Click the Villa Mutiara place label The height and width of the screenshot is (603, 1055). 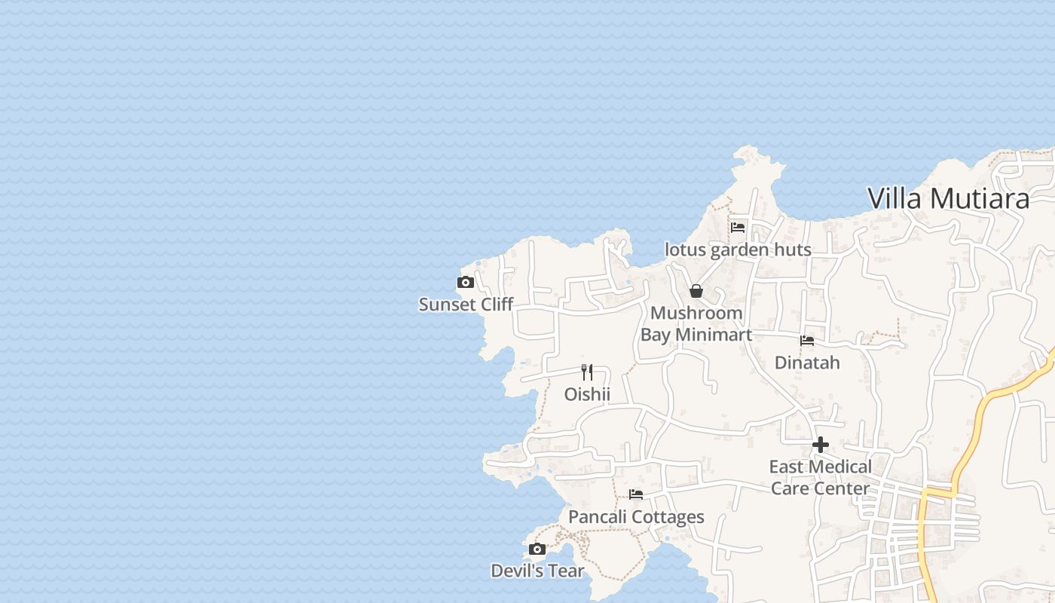point(948,198)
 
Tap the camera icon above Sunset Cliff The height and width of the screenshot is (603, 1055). point(466,283)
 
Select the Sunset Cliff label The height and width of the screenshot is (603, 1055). point(466,305)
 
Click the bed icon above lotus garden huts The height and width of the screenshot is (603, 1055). point(738,227)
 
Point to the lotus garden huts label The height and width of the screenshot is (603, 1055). point(738,249)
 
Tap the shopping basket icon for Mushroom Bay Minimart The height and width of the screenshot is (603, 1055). point(696,291)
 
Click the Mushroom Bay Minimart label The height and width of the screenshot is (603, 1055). point(696,323)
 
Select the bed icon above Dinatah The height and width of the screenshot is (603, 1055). point(807,341)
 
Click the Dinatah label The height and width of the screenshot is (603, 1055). point(807,363)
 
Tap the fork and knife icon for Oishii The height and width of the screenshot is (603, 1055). point(587,372)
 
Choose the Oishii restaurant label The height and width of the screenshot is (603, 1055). point(587,394)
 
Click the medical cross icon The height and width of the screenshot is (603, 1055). point(821,445)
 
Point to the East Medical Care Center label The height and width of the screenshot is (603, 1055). point(821,477)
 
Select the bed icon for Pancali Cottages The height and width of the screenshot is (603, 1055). point(636,495)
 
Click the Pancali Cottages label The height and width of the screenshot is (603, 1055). point(636,517)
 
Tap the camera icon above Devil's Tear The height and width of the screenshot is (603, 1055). point(537,549)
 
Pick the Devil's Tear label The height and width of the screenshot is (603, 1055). point(537,571)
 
